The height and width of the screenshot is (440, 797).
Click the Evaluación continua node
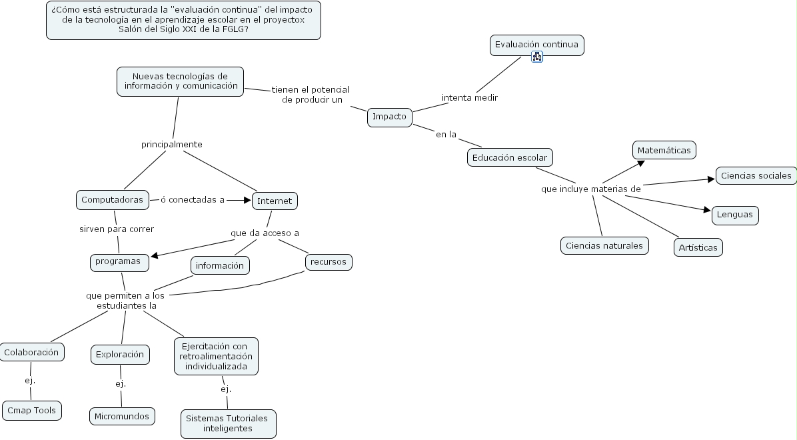[x=536, y=45]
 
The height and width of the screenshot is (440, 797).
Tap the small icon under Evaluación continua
[x=537, y=57]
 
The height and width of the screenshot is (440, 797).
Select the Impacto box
[x=390, y=117]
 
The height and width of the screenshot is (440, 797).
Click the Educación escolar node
[x=510, y=158]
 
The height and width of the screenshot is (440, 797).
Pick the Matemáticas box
[x=664, y=150]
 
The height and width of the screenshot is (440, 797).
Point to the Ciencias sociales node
[x=756, y=176]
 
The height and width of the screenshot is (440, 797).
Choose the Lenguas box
[x=735, y=215]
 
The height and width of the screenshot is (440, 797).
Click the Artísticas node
[x=698, y=247]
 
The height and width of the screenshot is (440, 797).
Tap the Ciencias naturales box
[x=604, y=245]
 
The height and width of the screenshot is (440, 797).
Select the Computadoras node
[x=112, y=199]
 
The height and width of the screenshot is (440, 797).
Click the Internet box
[x=275, y=201]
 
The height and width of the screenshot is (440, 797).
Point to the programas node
[x=119, y=261]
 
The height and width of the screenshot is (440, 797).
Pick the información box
[x=220, y=265]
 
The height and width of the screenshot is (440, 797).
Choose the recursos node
[x=329, y=262]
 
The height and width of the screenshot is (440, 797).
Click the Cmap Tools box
[x=31, y=411]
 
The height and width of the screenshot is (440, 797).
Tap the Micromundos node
[x=123, y=416]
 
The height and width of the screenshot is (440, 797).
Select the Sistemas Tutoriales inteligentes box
[x=227, y=423]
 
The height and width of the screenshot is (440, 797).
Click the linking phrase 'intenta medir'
[x=470, y=97]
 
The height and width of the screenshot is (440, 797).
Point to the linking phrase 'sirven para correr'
[x=117, y=229]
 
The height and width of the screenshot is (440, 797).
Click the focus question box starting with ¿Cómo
[x=183, y=20]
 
